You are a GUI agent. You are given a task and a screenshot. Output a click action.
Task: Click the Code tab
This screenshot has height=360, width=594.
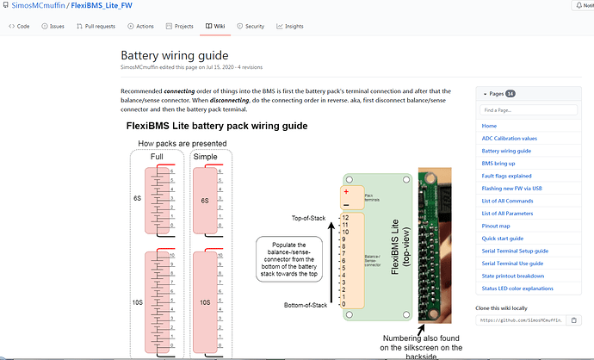(x=19, y=27)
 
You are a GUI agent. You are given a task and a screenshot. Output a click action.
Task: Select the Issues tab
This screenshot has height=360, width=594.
(x=53, y=27)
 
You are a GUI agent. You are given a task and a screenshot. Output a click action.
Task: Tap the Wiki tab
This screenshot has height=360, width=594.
(x=215, y=27)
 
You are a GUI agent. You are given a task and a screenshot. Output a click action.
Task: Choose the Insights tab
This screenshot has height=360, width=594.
(x=289, y=27)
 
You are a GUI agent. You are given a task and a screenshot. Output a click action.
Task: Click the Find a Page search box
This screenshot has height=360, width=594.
(x=523, y=110)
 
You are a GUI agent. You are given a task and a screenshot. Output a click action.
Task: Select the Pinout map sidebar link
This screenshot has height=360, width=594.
(x=498, y=226)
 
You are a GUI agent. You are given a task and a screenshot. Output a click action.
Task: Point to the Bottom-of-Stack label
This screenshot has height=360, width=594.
(x=306, y=305)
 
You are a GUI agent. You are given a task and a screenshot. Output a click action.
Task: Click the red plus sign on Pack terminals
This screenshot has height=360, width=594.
(x=346, y=192)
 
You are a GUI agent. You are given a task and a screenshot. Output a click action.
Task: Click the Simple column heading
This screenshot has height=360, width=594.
(x=205, y=157)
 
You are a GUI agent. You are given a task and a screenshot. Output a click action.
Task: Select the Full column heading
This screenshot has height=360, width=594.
(x=157, y=157)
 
